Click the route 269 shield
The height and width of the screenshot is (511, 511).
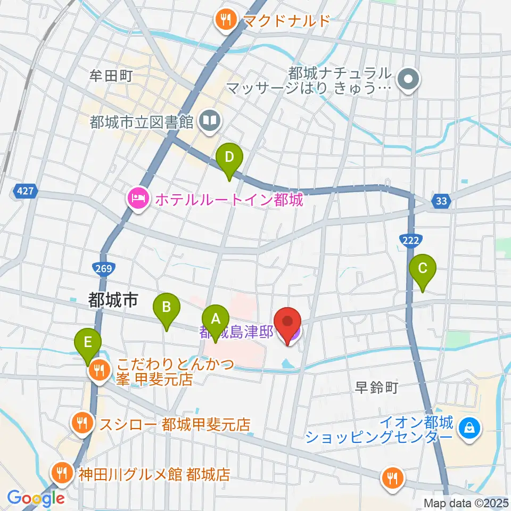[104, 269]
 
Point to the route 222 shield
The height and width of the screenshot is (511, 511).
[410, 241]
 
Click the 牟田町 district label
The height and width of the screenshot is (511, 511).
[110, 76]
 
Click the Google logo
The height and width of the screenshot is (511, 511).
[36, 499]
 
